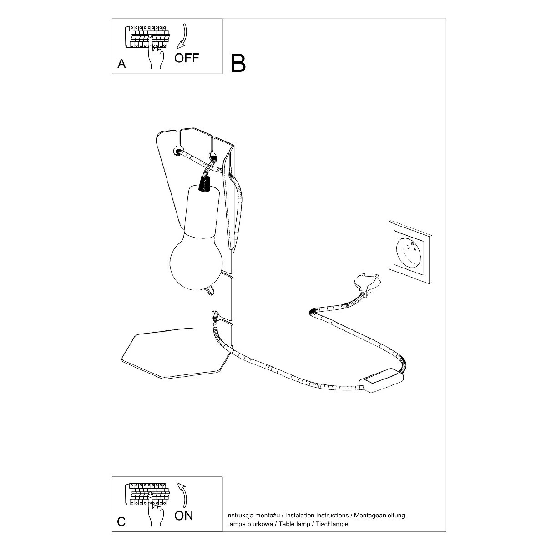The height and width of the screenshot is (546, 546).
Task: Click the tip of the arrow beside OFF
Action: coord(177,48)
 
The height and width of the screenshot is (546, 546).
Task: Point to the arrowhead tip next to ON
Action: coord(177,483)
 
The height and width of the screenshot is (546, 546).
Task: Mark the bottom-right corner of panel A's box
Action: coord(222,74)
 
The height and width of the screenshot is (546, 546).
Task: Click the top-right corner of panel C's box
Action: coord(222,476)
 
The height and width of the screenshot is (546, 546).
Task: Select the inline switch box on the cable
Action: coord(380,380)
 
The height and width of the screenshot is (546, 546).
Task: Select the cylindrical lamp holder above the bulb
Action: coord(202,212)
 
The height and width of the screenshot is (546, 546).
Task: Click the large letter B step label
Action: coord(238,63)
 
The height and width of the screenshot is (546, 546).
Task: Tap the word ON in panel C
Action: coord(184,516)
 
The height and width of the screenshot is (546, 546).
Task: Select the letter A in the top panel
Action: coord(121,64)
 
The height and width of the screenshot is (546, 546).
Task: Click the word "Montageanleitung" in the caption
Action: coord(379,515)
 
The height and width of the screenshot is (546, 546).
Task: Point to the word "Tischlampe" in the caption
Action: coord(332,524)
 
